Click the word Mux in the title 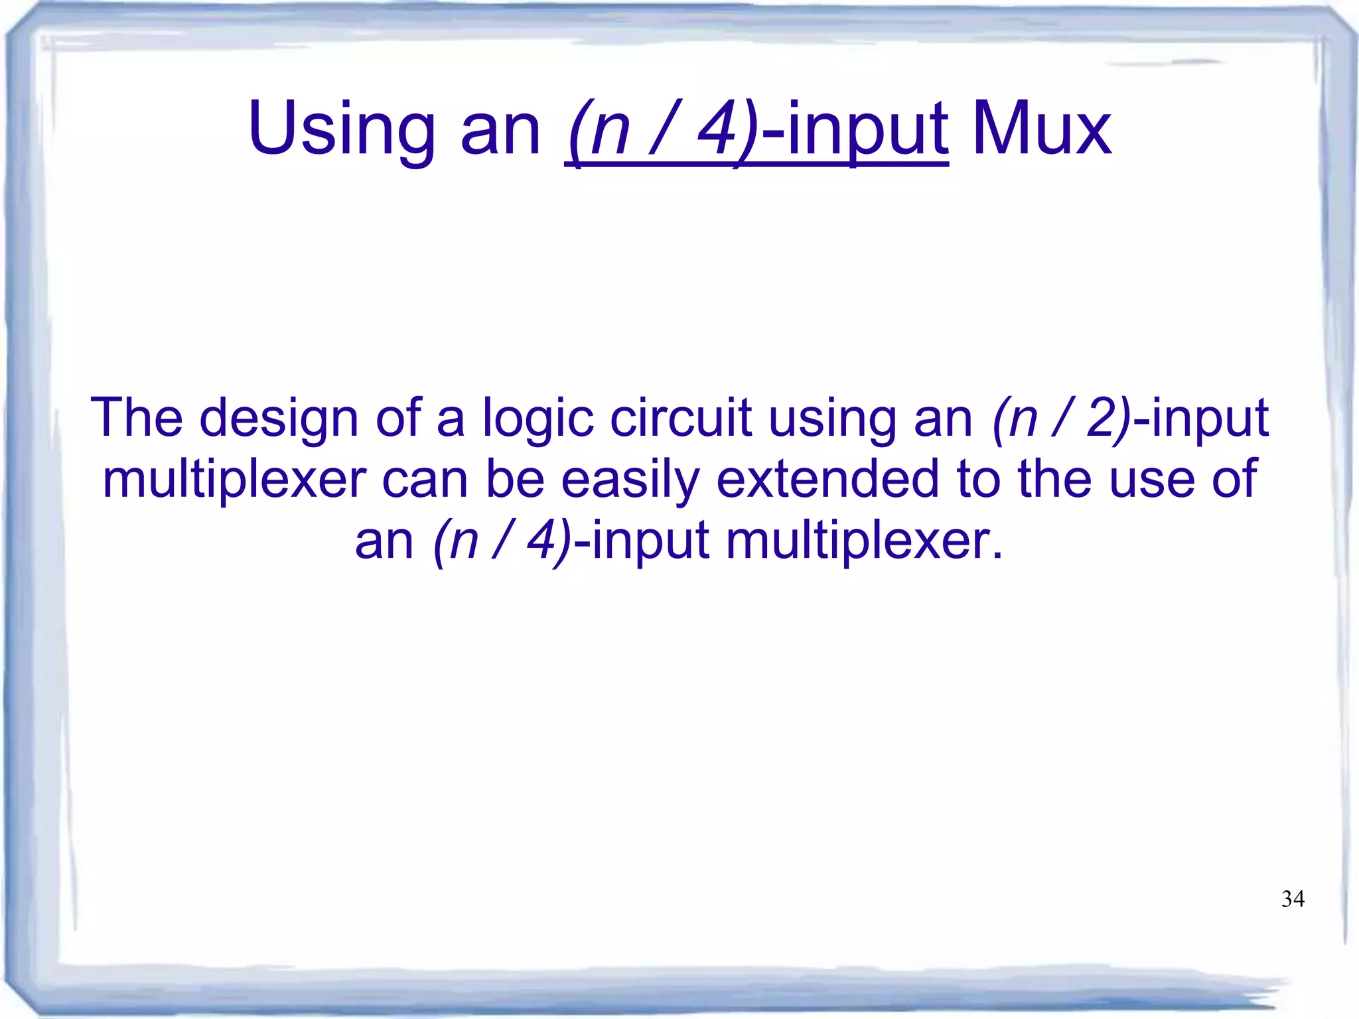point(1042,129)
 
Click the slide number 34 point(1293,899)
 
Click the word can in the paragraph point(425,479)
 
